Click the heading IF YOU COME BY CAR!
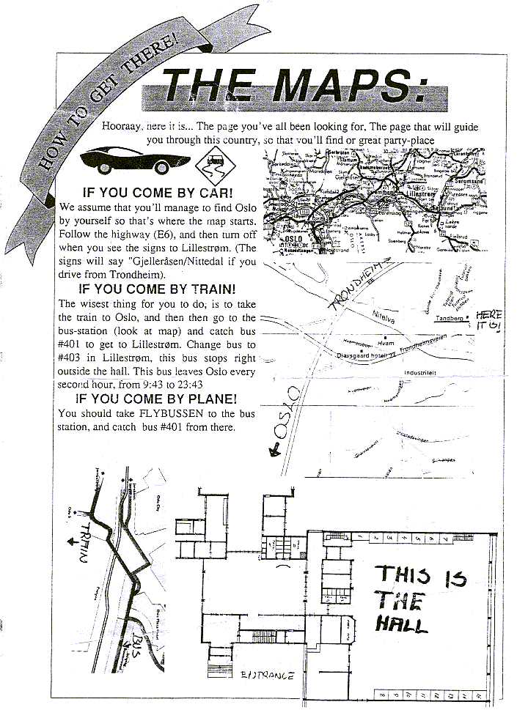tap(158, 193)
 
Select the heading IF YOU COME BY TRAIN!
tap(157, 289)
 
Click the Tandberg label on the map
tap(448, 319)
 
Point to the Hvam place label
tap(385, 342)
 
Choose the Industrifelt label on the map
tap(421, 373)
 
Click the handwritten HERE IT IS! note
tap(489, 321)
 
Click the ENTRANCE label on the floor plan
tap(268, 676)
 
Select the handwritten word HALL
tap(400, 625)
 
